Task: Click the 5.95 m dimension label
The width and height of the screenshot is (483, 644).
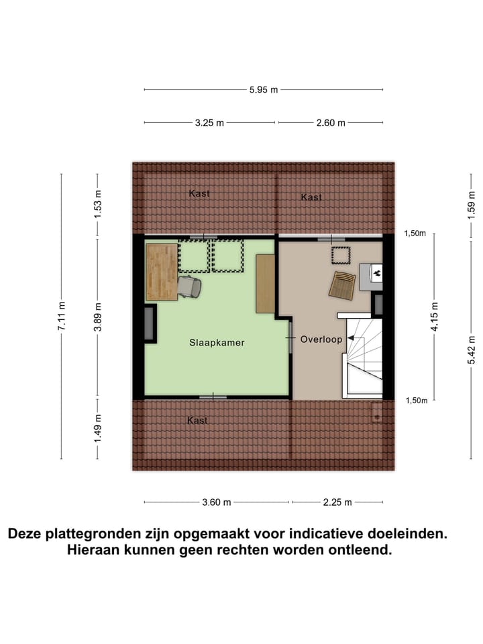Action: [264, 90]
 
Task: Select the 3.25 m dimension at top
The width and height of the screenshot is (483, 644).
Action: [209, 123]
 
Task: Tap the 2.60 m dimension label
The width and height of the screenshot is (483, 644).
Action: [331, 123]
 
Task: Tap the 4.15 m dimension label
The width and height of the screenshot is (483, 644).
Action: [435, 316]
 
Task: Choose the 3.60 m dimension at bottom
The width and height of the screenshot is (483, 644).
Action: [217, 502]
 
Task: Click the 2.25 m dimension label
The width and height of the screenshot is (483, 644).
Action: [338, 502]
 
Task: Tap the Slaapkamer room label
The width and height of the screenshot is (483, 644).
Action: [217, 342]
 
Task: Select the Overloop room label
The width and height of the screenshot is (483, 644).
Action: [321, 339]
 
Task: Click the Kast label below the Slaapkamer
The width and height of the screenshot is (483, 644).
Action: [198, 421]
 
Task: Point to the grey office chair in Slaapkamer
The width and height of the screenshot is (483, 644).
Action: [189, 287]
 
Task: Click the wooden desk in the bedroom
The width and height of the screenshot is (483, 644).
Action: [162, 272]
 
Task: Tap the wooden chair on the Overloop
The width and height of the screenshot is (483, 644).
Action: [341, 285]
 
